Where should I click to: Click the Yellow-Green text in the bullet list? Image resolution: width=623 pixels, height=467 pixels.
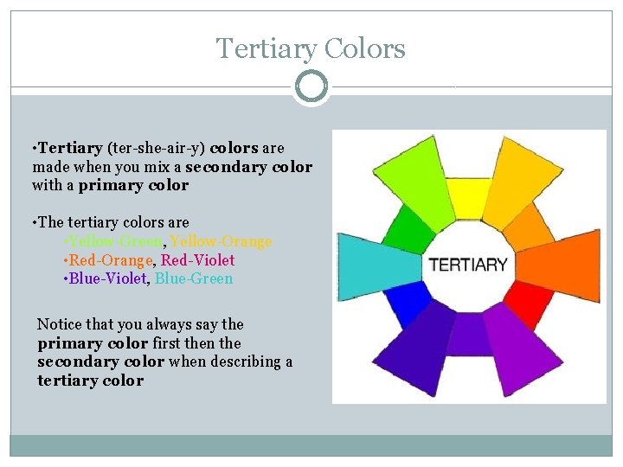113,241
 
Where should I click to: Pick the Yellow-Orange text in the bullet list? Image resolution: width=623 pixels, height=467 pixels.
220,241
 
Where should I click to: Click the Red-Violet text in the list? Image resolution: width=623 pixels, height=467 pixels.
198,259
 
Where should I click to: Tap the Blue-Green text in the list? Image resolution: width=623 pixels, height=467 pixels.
194,278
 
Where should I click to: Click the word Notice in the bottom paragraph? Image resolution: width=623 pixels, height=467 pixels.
59,324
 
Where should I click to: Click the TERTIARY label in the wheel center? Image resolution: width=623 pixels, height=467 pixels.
468,265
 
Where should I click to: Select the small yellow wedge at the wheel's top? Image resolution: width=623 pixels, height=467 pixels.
467,198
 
